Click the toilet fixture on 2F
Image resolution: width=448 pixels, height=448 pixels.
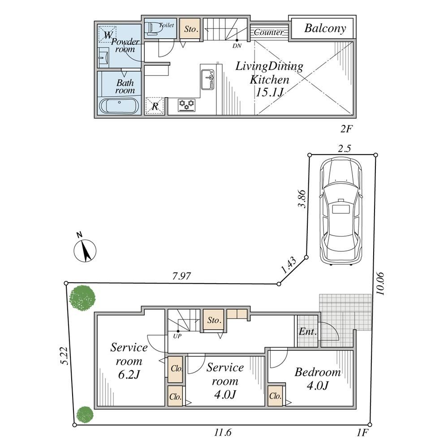coord(153,29)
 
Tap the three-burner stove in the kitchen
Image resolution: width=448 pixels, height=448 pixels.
coord(187,104)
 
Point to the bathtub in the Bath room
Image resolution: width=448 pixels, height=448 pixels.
coord(119,106)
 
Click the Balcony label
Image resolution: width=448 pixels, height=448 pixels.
coord(325,28)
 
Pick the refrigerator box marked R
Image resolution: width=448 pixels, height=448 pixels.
coord(155,106)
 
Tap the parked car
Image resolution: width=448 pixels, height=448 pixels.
coord(341,212)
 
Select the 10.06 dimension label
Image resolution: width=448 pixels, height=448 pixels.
coord(380,284)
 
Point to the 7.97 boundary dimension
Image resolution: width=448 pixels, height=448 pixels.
coord(182,276)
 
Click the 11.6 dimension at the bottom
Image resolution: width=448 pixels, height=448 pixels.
coord(223,432)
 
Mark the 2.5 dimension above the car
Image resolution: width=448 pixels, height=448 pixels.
coord(344,149)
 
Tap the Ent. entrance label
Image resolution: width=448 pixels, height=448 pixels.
coord(307,332)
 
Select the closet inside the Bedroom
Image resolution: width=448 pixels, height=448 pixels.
coord(276,396)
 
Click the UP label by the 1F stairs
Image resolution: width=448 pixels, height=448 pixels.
coord(177,336)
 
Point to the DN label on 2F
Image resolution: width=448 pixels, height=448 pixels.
coord(237,45)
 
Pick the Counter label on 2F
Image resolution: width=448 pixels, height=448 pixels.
coord(268,32)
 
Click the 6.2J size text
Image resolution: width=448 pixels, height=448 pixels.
coord(129,374)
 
